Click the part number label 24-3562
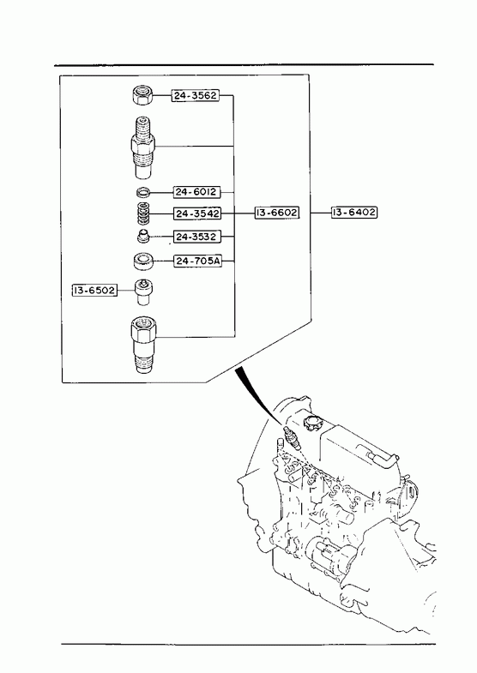tap(196, 95)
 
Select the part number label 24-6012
tap(196, 192)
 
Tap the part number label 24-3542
tap(197, 213)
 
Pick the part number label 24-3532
tap(197, 237)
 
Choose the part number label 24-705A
tap(198, 261)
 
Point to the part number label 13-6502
tap(94, 291)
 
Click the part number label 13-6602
tap(276, 213)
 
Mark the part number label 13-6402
tap(354, 212)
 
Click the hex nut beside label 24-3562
tap(142, 95)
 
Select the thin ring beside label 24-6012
tap(142, 192)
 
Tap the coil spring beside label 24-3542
tap(142, 213)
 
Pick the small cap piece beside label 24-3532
tap(142, 236)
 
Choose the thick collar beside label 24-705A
tap(143, 261)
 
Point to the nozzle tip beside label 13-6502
tap(143, 291)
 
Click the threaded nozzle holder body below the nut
tap(143, 147)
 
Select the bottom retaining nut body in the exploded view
tap(144, 345)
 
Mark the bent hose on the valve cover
tap(378, 456)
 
